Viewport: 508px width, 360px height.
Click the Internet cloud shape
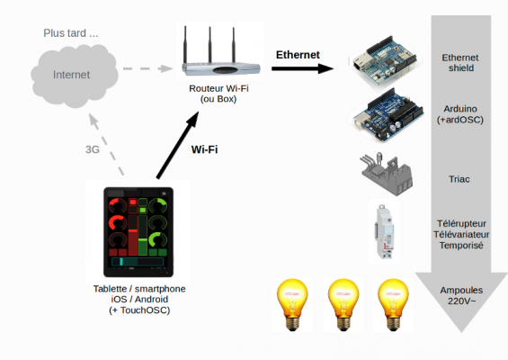75,76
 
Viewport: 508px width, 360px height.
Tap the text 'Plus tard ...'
71,33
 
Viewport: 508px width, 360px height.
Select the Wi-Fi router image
220,51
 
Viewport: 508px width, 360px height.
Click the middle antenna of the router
209,44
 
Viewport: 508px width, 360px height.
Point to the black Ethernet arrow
303,68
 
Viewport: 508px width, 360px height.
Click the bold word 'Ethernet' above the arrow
298,55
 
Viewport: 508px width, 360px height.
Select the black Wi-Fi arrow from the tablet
177,145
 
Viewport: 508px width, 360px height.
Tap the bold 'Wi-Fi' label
204,149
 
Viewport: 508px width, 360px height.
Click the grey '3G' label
93,149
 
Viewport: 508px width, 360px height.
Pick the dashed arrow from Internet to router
147,68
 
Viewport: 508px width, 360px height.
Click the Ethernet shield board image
386,61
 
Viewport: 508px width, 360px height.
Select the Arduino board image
388,115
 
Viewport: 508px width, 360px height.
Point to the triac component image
387,174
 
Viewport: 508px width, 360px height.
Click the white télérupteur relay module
384,231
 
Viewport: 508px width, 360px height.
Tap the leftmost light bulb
292,304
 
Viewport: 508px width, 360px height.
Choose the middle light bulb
343,304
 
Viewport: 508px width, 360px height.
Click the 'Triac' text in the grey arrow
459,179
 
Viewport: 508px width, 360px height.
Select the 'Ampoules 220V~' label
461,295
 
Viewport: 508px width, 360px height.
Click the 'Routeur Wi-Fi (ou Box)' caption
218,94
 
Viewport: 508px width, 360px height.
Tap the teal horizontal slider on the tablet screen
138,262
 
